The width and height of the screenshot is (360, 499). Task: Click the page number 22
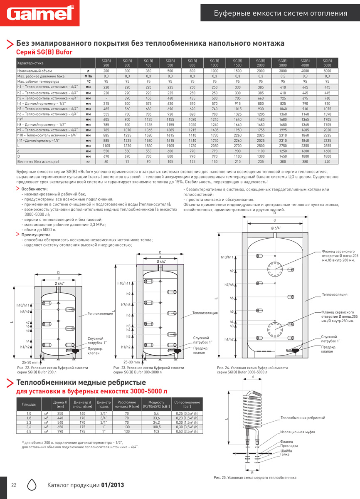(14, 485)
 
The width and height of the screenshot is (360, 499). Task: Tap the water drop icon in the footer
(33, 485)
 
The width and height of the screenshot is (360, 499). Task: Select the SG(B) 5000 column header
(327, 63)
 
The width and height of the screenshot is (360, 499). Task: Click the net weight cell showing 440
(327, 161)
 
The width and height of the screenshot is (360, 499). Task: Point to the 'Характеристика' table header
(30, 63)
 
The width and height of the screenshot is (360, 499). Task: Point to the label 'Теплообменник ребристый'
(303, 417)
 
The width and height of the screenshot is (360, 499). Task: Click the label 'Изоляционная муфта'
(298, 432)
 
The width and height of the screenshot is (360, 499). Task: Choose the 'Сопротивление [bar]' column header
(188, 404)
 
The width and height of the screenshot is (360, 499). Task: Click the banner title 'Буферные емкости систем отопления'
(280, 13)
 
